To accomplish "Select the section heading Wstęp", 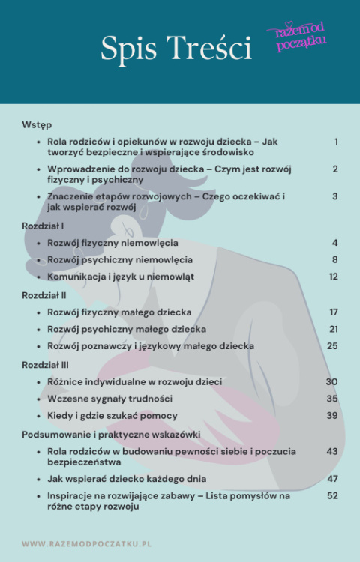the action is click(37, 124).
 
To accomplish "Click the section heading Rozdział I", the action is click(43, 225).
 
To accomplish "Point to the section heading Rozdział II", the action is click(44, 294).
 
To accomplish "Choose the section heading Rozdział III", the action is click(46, 364).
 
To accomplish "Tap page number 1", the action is click(336, 142).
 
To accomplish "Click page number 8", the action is click(335, 259).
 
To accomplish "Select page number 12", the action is click(333, 277).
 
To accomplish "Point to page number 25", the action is click(332, 346).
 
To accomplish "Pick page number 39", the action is click(332, 416).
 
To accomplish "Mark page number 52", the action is click(332, 495).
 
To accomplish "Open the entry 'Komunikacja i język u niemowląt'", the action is click(121, 277).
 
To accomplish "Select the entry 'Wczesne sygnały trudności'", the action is click(109, 399).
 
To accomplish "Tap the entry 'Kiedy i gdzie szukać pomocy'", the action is click(112, 416).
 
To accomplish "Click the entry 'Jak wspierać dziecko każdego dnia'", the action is click(127, 478).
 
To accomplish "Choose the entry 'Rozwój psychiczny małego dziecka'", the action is click(127, 329).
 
